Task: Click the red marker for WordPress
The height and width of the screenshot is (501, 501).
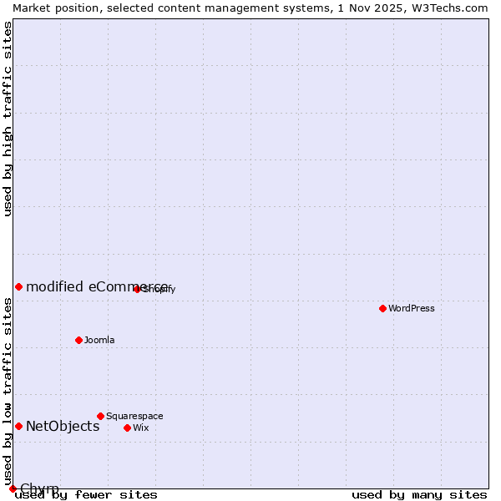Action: pyautogui.click(x=382, y=308)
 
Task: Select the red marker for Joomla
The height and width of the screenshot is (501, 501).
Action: pyautogui.click(x=78, y=340)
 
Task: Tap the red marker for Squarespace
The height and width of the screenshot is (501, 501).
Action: pyautogui.click(x=100, y=416)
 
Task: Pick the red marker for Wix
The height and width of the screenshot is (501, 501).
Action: pyautogui.click(x=127, y=428)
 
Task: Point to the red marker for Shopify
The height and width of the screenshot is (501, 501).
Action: pyautogui.click(x=137, y=289)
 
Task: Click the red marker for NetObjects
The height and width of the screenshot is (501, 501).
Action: pyautogui.click(x=18, y=426)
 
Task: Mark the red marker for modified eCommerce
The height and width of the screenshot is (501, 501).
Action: pyautogui.click(x=18, y=286)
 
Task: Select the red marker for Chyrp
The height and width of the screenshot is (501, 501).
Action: pyautogui.click(x=13, y=488)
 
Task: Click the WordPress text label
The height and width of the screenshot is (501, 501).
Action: pyautogui.click(x=412, y=308)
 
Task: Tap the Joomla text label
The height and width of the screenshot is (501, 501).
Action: pyautogui.click(x=99, y=340)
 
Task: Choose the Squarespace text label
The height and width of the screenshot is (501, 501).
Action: pyautogui.click(x=134, y=416)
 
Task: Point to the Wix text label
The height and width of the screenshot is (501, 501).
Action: pyautogui.click(x=141, y=428)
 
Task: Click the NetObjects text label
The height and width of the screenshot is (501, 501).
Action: pyautogui.click(x=63, y=426)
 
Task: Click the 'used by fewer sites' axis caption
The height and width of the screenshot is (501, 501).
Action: pyautogui.click(x=86, y=495)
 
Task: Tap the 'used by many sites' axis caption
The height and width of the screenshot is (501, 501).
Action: pyautogui.click(x=419, y=495)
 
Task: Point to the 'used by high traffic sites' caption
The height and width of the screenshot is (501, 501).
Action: pyautogui.click(x=8, y=119)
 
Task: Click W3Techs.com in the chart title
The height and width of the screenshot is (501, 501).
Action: pyautogui.click(x=448, y=8)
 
